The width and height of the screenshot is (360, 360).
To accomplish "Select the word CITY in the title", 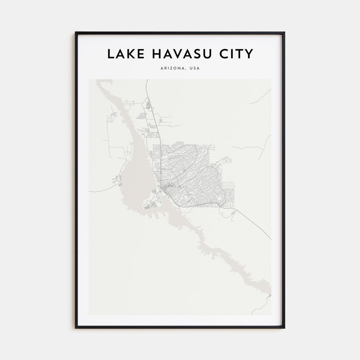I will [x=235, y=54].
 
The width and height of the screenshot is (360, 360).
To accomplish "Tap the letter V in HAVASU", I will [x=176, y=54].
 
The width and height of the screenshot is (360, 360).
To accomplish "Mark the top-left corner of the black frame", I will [x=76, y=32].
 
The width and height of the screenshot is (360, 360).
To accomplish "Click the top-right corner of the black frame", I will [x=284, y=32].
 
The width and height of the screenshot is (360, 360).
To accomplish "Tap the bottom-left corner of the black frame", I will [x=76, y=328].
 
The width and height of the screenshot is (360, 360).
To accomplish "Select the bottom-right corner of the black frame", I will [x=284, y=328].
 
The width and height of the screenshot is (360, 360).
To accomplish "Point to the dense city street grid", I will [x=188, y=172].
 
